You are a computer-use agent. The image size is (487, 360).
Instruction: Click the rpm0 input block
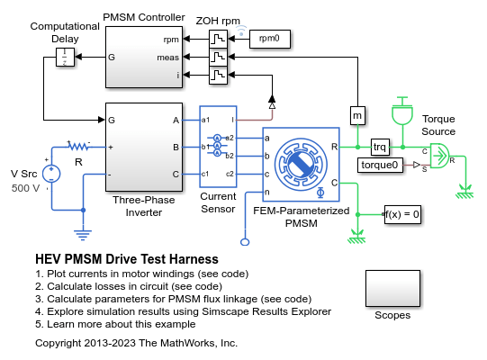(270, 39)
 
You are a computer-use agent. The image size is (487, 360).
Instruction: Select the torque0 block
(380, 165)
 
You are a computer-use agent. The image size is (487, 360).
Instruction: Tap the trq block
(380, 147)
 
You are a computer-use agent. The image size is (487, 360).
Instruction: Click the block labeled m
(357, 115)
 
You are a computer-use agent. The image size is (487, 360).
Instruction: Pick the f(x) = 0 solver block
(402, 214)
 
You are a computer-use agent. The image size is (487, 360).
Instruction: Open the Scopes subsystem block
(392, 288)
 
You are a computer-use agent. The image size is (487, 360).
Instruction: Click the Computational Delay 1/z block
(65, 58)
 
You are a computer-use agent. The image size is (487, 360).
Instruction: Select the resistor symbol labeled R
(79, 146)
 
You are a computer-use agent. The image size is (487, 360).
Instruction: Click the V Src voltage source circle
(51, 174)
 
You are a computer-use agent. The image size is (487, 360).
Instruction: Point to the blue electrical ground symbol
(83, 235)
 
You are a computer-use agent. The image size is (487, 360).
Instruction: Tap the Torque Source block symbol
(439, 156)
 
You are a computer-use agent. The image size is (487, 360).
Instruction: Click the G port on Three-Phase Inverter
(112, 120)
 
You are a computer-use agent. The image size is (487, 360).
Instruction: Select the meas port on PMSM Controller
(168, 58)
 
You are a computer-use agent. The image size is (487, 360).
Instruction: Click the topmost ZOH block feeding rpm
(218, 39)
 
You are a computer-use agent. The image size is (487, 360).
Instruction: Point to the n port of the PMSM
(266, 193)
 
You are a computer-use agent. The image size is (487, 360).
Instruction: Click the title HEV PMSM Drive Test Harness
(127, 258)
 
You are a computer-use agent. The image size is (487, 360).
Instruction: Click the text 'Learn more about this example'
(122, 324)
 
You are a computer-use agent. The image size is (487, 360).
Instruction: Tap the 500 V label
(25, 188)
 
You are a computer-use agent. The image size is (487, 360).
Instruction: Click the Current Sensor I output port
(232, 120)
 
